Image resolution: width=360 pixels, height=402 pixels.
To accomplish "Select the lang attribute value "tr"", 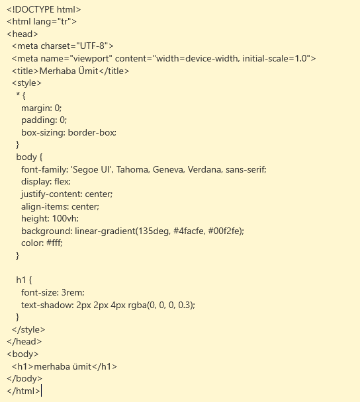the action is [x=64, y=22].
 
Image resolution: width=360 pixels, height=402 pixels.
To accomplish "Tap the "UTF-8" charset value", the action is [x=92, y=46].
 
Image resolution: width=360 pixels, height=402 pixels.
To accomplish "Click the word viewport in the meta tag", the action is [x=91, y=59].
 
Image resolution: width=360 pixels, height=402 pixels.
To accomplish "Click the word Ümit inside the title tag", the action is [x=88, y=71].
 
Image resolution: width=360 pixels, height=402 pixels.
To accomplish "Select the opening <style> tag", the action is [x=26, y=83].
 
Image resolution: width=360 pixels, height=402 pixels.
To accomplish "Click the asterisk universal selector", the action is [x=18, y=94].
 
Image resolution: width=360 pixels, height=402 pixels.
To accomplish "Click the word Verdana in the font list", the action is [x=204, y=169].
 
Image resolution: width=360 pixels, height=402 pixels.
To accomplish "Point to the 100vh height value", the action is [x=64, y=218].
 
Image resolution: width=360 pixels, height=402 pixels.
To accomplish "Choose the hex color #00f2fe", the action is [x=224, y=231].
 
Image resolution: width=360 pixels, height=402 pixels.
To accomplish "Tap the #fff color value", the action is [x=54, y=243].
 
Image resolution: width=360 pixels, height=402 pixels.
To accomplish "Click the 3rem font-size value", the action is [x=72, y=292].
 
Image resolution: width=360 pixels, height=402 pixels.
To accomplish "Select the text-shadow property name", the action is [x=47, y=305].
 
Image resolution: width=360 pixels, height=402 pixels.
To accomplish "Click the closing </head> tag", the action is [x=24, y=341].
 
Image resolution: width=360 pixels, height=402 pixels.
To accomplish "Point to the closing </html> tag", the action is [x=23, y=391].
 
